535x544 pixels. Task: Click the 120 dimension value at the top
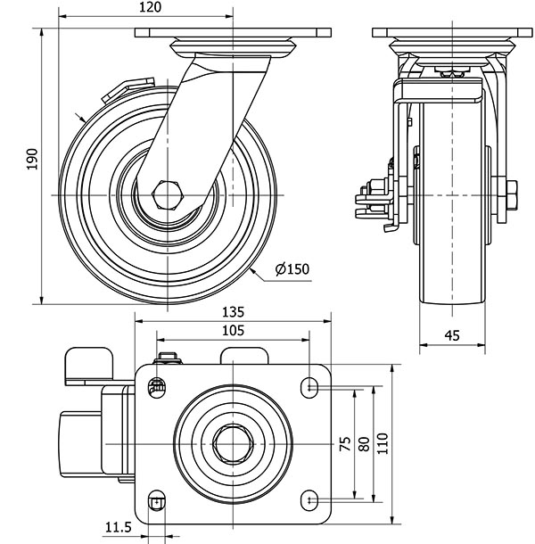pos(150,7)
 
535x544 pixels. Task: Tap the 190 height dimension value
pos(33,158)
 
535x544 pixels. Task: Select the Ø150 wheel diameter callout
pos(293,268)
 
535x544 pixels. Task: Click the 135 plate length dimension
pos(233,313)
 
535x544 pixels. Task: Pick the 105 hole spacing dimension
pos(233,330)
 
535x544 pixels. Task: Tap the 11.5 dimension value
pos(117,528)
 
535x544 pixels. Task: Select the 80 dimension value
pos(363,443)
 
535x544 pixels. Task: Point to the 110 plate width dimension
pos(383,443)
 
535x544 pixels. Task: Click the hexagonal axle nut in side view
pos(168,194)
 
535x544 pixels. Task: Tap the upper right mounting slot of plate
pos(309,386)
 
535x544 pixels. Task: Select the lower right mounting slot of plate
pos(309,497)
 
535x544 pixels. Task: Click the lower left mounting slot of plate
pos(158,500)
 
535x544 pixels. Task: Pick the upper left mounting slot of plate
pos(157,386)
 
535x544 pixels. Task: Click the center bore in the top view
pos(234,442)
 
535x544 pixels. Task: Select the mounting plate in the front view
pos(451,33)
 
